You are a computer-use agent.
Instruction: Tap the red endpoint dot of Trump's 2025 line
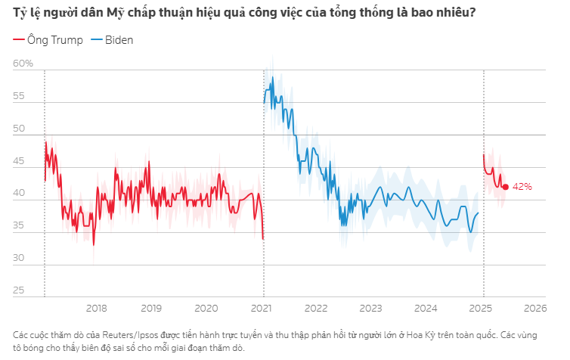point(506,186)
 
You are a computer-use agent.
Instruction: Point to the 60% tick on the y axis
point(23,64)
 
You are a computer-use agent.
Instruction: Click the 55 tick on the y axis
point(20,97)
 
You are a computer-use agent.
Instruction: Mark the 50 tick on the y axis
point(20,129)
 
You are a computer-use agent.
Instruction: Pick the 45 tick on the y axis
point(20,162)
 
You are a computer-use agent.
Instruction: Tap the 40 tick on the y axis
point(20,194)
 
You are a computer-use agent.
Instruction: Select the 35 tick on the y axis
point(20,226)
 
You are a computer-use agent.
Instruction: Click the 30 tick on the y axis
point(20,259)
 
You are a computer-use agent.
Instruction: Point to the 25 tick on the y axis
point(20,291)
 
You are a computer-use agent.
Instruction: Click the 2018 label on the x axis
point(96,308)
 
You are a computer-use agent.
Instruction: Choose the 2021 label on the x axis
point(262,308)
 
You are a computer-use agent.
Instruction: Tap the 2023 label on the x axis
point(370,308)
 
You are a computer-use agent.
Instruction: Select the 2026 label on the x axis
point(536,308)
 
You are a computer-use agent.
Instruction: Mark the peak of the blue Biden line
point(272,76)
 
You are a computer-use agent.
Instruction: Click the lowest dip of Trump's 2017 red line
point(94,244)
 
